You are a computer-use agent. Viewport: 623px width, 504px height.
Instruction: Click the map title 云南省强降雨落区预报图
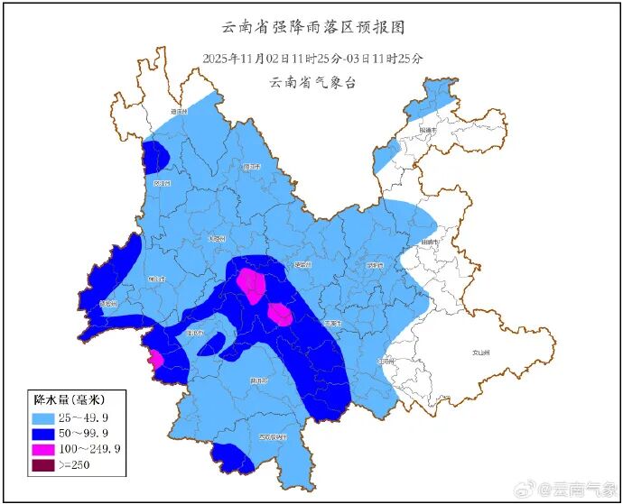pyautogui.click(x=311, y=30)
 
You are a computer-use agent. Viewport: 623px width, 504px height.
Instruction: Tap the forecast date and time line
pyautogui.click(x=312, y=58)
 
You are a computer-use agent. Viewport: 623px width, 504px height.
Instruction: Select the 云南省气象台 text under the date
pyautogui.click(x=312, y=82)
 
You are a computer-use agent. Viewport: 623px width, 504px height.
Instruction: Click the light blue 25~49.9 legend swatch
pyautogui.click(x=43, y=418)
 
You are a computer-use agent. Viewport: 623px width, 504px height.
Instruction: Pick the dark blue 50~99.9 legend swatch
pyautogui.click(x=43, y=434)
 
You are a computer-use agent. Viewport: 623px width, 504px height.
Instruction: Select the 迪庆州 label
pyautogui.click(x=178, y=112)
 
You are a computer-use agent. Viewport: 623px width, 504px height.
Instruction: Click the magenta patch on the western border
pyautogui.click(x=155, y=359)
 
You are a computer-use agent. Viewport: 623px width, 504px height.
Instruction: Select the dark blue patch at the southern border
pyautogui.click(x=232, y=458)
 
